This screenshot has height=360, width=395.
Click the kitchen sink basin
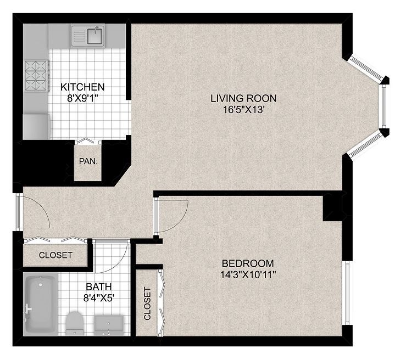pos(94,36)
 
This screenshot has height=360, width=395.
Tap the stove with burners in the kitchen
pos(36,76)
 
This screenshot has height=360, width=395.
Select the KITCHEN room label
pos(82,87)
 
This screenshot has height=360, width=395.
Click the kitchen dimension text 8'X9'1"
pos(82,98)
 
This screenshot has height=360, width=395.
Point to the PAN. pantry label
pos(88,161)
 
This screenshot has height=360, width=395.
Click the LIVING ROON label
pos(243,98)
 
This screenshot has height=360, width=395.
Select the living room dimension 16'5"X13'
pos(243,110)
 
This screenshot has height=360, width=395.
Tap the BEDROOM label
pos(248,263)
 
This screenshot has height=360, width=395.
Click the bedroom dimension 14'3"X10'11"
pos(248,275)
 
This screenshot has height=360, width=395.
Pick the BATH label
pos(98,286)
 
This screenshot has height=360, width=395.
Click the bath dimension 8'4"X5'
pos(99,298)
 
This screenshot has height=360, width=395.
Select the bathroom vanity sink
pos(109,325)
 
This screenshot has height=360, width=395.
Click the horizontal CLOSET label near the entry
pos(55,255)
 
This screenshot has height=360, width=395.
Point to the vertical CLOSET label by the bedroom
pos(147,303)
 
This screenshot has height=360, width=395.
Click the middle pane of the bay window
pos(384,106)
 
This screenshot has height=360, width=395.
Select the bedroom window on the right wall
pos(347,292)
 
